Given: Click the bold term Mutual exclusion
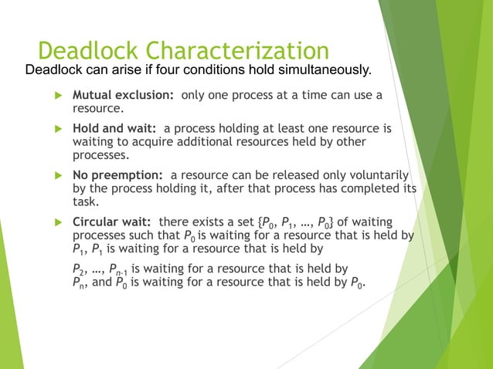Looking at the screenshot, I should coord(124,95).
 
